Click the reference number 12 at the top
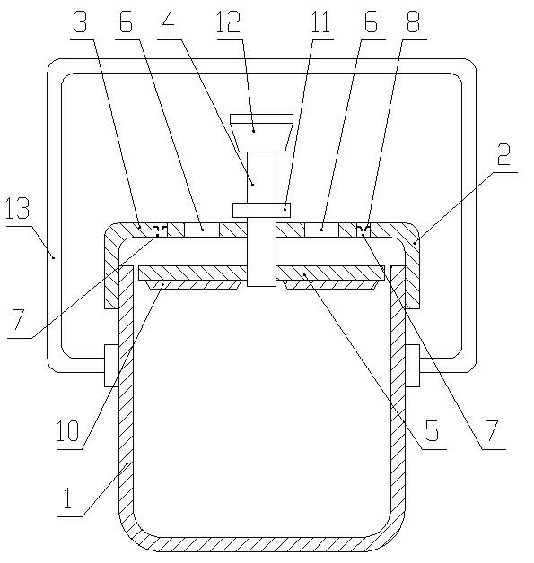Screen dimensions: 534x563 point(229,22)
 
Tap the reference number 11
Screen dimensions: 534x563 point(320,22)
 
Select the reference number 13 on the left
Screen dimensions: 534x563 point(17,208)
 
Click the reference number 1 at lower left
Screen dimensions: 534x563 point(67,498)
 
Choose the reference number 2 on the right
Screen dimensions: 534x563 point(503,153)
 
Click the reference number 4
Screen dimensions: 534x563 point(168,22)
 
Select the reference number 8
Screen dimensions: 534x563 point(413,22)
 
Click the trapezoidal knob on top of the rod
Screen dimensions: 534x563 point(261,133)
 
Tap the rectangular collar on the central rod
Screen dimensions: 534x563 point(261,210)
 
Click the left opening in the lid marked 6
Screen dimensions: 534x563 point(202,230)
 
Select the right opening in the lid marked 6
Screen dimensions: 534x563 point(321,230)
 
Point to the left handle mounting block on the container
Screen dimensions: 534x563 point(111,366)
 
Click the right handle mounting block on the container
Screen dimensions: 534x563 point(412,366)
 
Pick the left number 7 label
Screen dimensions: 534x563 point(18,319)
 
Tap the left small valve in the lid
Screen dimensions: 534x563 point(161,230)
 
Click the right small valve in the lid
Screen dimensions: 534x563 point(363,230)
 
